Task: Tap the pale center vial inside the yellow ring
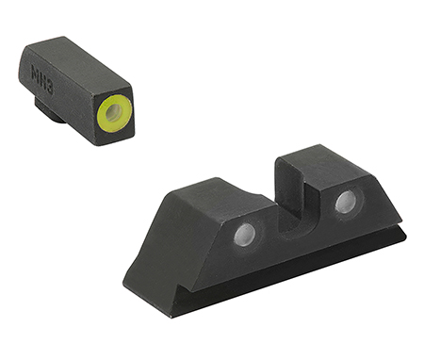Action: coord(113,113)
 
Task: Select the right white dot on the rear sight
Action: coord(346,201)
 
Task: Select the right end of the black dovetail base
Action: coord(403,234)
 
